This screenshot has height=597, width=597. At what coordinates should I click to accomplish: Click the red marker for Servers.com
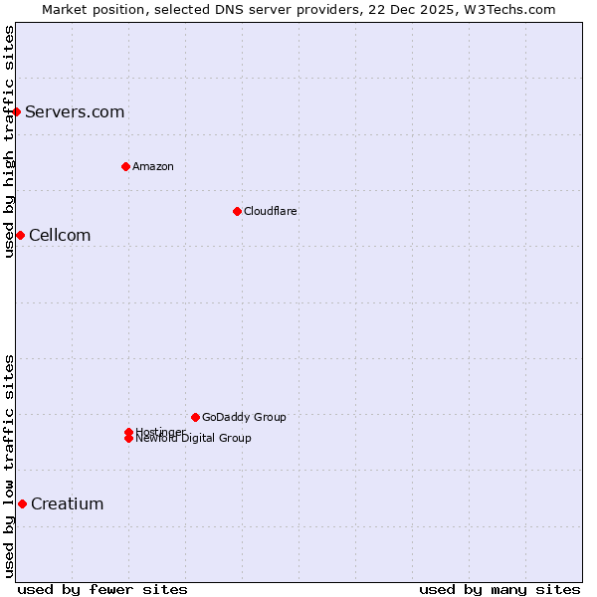coord(17,111)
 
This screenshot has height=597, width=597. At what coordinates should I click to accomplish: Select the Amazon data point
coord(125,166)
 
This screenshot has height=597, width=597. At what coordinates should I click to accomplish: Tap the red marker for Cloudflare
coord(237,211)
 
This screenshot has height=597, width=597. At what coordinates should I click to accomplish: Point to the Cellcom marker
coord(20,235)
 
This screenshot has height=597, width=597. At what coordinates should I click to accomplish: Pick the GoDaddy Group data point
coord(195,417)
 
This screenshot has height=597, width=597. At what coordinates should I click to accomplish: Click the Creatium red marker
coord(22,503)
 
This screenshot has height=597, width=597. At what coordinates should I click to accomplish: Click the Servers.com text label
coord(75,111)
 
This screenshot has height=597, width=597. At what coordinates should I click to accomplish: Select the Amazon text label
coord(153,166)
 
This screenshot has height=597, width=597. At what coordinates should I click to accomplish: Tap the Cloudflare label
coord(271,211)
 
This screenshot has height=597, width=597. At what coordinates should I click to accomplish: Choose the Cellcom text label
coord(60,235)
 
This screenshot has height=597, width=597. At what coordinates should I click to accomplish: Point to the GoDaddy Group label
coord(244,417)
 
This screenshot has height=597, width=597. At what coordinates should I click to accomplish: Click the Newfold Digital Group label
coord(194,439)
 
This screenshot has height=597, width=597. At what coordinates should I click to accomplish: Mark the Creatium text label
coord(67,503)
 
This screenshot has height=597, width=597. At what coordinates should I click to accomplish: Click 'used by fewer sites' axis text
coord(102,589)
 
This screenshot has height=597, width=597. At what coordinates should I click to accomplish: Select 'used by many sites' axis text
coord(499,589)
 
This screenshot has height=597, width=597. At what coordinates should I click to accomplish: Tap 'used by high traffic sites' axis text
coord(10,141)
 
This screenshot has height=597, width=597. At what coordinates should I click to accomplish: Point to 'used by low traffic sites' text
coord(10,466)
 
